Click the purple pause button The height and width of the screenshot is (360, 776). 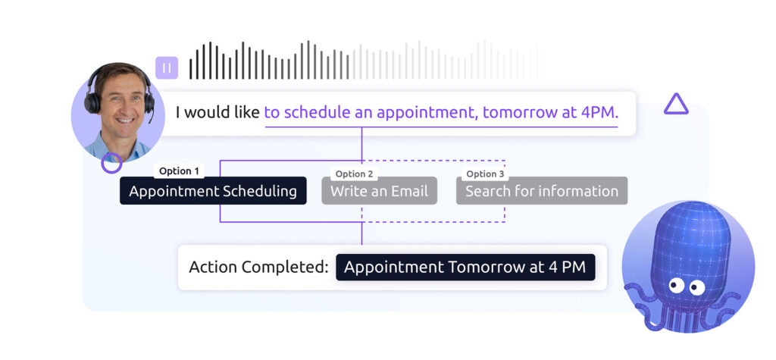coord(167,68)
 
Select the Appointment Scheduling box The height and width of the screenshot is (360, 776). coord(213,191)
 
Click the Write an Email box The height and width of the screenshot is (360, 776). coord(379,191)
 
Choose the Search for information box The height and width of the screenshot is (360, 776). coord(542,191)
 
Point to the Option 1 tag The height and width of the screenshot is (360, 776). coord(179,171)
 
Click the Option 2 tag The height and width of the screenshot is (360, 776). coord(354,174)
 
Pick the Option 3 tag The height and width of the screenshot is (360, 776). coord(485,174)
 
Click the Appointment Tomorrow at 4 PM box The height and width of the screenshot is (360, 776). coord(465,268)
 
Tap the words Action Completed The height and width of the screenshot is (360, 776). coord(258,268)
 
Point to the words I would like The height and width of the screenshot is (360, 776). coord(217,113)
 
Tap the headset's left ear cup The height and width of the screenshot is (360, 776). coord(91,102)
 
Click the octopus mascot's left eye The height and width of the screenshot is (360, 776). coord(676,285)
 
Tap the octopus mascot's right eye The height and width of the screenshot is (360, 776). coord(697,287)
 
